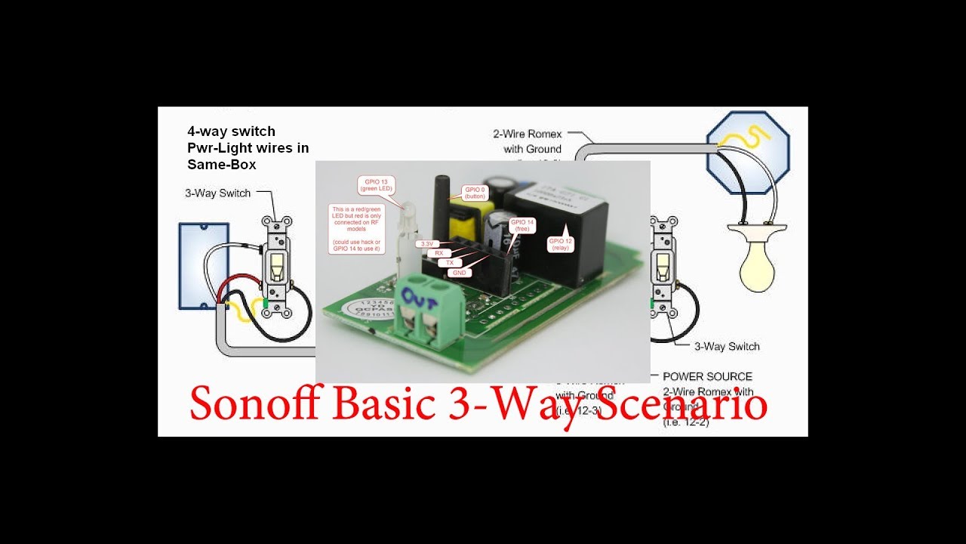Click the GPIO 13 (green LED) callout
375,186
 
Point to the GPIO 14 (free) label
521,226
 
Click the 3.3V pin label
427,244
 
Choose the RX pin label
439,253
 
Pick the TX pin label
450,262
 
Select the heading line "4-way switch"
231,131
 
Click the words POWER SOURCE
707,376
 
